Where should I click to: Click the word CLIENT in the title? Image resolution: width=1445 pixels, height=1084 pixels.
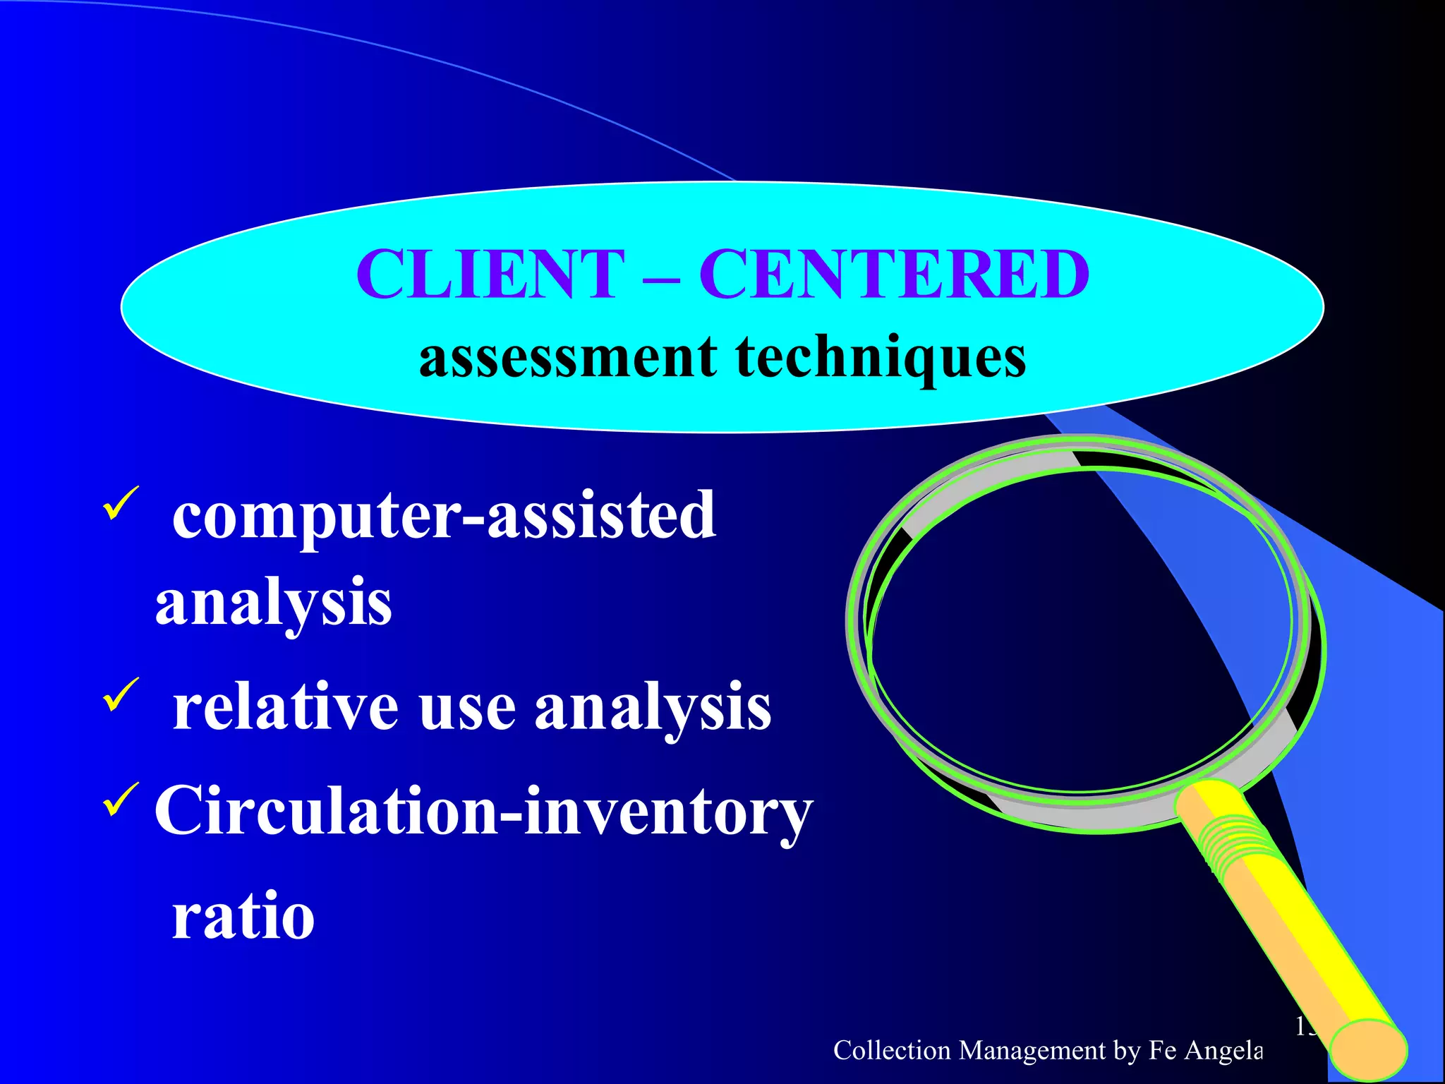tap(490, 275)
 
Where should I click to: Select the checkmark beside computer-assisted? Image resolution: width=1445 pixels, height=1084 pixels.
tap(121, 503)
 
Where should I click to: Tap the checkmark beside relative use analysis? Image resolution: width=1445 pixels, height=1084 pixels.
tap(121, 694)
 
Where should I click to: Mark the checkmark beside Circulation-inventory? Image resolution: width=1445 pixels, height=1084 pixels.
tap(121, 800)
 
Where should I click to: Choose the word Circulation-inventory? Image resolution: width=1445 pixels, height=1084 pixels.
tap(483, 812)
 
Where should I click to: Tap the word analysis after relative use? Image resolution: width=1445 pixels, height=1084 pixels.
tap(653, 708)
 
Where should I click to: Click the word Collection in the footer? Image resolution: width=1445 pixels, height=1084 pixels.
tap(892, 1050)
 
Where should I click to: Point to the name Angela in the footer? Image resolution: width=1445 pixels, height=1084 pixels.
tap(1223, 1050)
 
